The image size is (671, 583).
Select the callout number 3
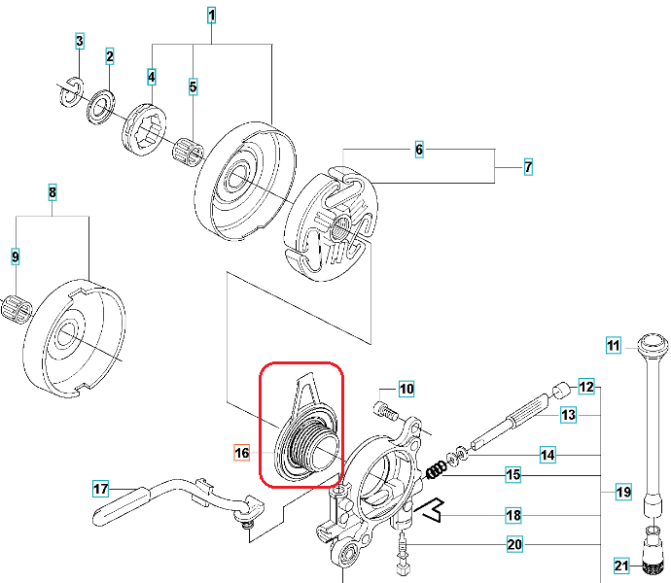pos(80,41)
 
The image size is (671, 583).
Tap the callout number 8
pos(53,192)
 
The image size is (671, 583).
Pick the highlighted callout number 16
pos(242,452)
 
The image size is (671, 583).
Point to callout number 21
pos(621,566)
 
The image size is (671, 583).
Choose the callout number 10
pos(406,390)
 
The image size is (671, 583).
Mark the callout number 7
pos(528,167)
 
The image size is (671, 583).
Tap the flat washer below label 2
pos(101,107)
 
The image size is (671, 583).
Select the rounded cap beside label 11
pos(651,343)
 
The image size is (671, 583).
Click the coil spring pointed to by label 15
pos(439,470)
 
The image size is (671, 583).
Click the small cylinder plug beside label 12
pos(559,392)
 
